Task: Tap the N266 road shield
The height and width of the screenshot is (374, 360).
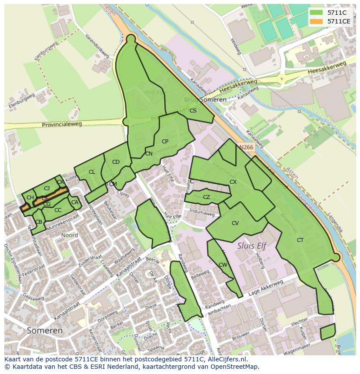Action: pos(246,147)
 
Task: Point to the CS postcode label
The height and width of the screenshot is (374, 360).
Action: pos(193,111)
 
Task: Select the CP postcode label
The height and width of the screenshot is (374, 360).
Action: pos(165,142)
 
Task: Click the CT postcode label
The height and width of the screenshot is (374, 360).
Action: pos(300,240)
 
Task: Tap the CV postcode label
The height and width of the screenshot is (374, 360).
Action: pos(235,223)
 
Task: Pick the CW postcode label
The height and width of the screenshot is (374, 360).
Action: pos(223,265)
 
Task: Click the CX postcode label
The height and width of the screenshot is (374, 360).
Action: pos(233,182)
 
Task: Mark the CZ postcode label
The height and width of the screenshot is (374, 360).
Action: pos(207,197)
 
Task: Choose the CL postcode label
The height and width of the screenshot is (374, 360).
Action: pos(92,172)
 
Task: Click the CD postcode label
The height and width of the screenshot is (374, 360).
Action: pos(116,162)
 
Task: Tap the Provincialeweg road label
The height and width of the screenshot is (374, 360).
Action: pos(62,125)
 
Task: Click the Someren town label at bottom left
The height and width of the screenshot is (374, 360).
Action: pos(45,331)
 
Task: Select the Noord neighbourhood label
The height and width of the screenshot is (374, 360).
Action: pos(70,235)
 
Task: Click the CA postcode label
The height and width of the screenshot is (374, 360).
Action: pos(75,202)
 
